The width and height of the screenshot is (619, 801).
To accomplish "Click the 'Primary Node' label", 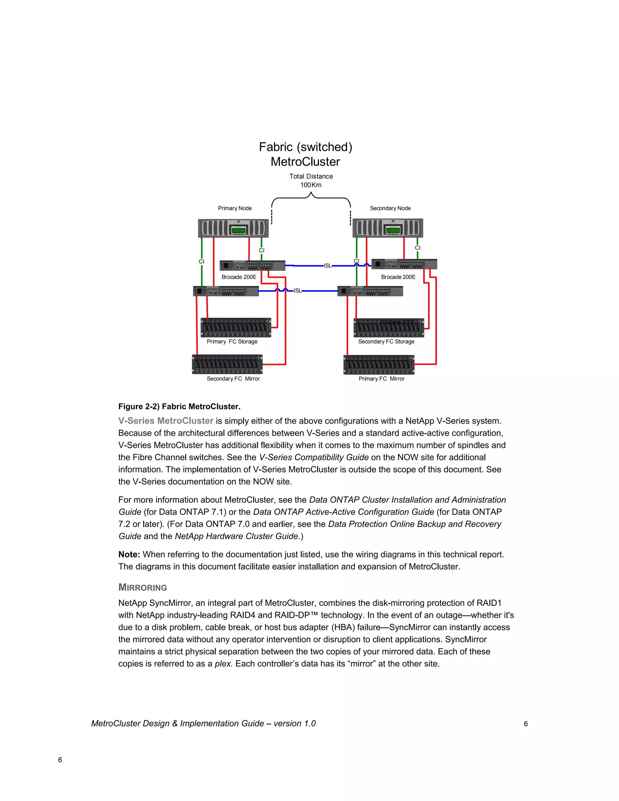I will pyautogui.click(x=235, y=208).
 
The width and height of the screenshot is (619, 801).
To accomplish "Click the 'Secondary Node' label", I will pyautogui.click(x=390, y=208).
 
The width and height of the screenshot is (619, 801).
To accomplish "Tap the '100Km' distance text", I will pyautogui.click(x=311, y=185).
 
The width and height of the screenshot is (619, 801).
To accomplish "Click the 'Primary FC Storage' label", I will pyautogui.click(x=232, y=342).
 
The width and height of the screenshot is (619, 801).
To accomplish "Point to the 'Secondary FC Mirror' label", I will pyautogui.click(x=233, y=379).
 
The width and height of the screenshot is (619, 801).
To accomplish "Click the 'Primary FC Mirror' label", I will pyautogui.click(x=382, y=379).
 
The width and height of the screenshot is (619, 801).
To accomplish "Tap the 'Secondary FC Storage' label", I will pyautogui.click(x=386, y=342).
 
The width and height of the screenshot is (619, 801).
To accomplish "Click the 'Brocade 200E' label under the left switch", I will pyautogui.click(x=239, y=277).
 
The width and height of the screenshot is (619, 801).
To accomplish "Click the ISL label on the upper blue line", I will pyautogui.click(x=327, y=266).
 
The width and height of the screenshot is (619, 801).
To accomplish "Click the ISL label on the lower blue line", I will pyautogui.click(x=297, y=291).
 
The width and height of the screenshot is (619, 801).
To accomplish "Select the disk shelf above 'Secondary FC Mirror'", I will pyautogui.click(x=227, y=364).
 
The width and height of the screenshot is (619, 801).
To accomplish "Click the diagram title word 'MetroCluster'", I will pyautogui.click(x=305, y=162).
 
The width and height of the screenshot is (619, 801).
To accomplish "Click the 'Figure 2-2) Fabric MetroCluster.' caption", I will pyautogui.click(x=179, y=406).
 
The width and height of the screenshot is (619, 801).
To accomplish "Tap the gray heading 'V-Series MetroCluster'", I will pyautogui.click(x=166, y=421).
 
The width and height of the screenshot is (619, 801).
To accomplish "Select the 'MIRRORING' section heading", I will pyautogui.click(x=143, y=588).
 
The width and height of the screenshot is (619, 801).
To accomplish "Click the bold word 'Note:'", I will pyautogui.click(x=129, y=555).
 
